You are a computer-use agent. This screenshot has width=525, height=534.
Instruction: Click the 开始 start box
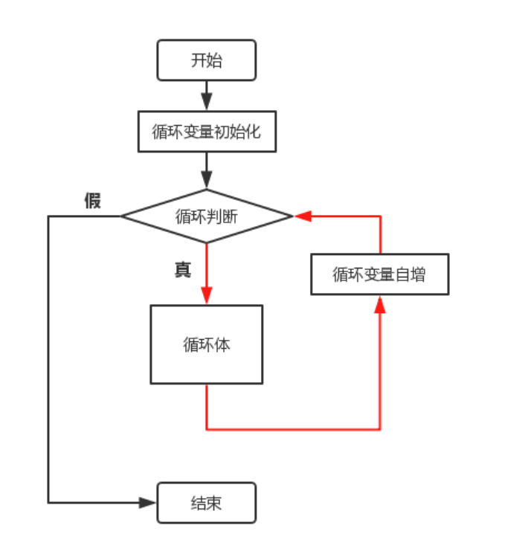[206, 60]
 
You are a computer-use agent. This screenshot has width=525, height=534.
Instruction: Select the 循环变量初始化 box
[206, 132]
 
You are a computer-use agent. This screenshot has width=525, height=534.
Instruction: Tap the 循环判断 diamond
[206, 216]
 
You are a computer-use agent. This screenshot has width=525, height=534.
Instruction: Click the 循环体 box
[206, 344]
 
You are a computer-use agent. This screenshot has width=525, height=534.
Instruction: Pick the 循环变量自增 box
[379, 274]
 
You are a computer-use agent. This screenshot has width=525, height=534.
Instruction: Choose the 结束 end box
[206, 503]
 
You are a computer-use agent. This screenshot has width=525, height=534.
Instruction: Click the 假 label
[92, 201]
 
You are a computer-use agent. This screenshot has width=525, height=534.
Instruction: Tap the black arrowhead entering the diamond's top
[206, 180]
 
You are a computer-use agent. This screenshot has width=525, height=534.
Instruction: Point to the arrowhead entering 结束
[148, 503]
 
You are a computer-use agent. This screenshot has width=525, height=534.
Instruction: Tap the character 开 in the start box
[199, 60]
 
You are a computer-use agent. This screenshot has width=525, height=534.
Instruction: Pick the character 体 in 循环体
[222, 344]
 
